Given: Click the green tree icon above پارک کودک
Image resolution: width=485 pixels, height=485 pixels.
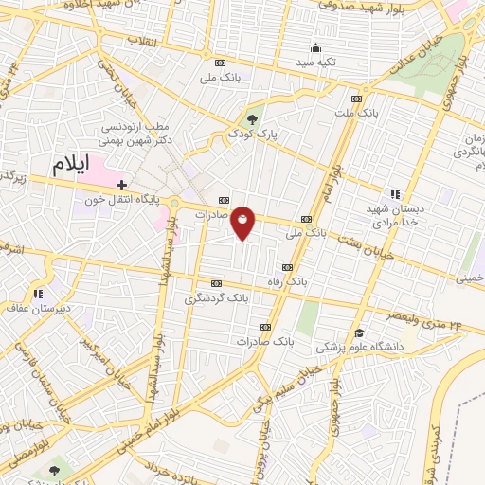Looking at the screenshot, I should (251, 118).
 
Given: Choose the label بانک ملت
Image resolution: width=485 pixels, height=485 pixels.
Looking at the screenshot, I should (356, 114).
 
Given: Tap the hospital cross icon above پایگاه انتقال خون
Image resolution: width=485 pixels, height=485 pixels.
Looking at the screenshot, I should (121, 184).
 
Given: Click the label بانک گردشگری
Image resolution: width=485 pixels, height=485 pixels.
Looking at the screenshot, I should (217, 297).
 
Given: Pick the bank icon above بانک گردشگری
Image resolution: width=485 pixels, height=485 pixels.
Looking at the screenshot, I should (217, 282).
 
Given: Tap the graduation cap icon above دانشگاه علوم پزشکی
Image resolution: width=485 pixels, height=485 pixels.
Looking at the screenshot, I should (358, 333).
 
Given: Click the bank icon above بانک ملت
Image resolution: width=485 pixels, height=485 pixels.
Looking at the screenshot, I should (356, 99).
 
